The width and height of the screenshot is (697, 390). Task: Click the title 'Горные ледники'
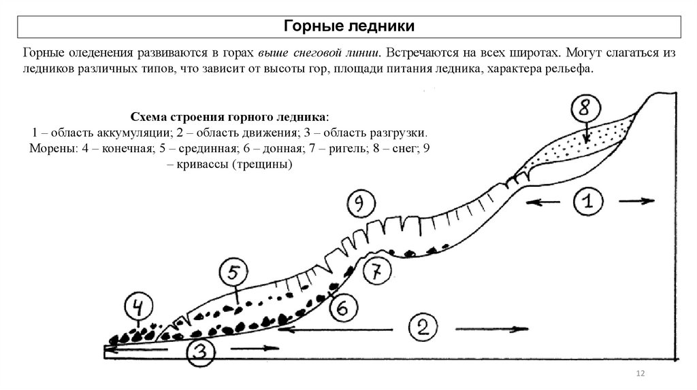(348, 26)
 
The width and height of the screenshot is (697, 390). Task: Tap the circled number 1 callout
(587, 201)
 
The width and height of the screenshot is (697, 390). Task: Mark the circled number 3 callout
(199, 351)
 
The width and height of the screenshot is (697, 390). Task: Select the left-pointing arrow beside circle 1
(539, 200)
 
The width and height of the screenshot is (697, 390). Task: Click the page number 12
(640, 372)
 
